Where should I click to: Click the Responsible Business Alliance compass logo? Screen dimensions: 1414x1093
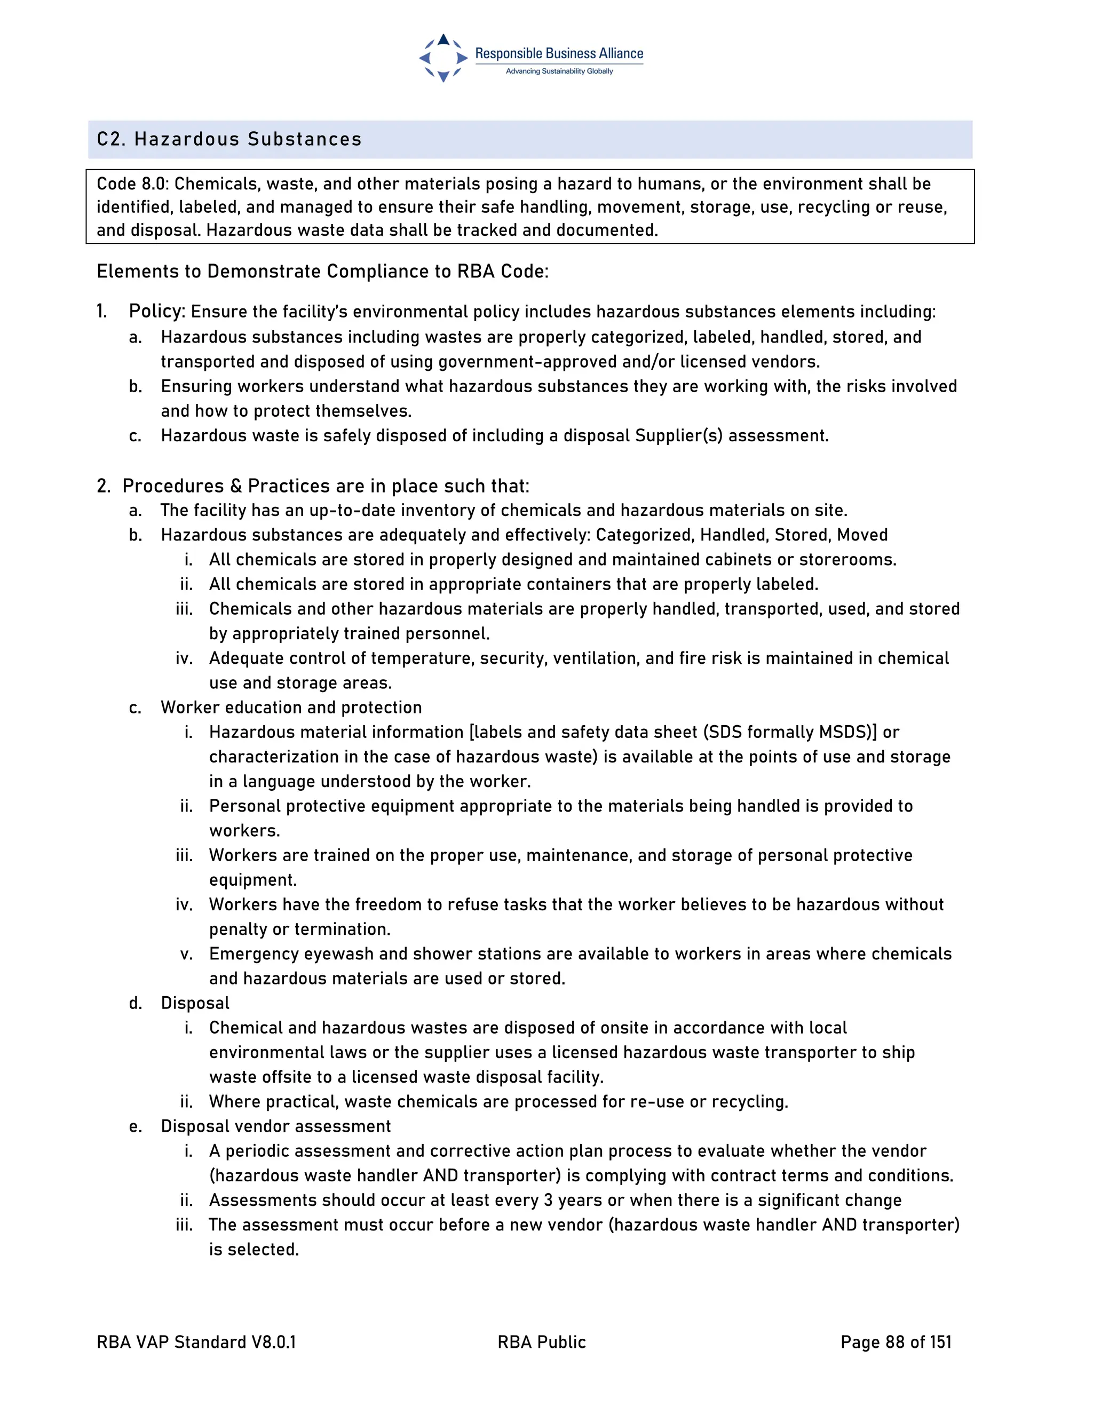click(x=443, y=58)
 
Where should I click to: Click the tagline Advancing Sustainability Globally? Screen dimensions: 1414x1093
click(x=559, y=71)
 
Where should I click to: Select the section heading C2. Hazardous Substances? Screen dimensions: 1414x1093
click(x=229, y=139)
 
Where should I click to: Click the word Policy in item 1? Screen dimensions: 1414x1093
click(x=155, y=312)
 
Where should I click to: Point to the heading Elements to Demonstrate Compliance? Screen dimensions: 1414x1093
click(x=322, y=271)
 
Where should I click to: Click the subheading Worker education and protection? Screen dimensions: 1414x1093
click(x=291, y=708)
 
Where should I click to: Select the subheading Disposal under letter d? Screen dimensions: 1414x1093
click(x=195, y=1004)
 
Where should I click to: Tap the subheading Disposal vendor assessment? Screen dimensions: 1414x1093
click(x=276, y=1126)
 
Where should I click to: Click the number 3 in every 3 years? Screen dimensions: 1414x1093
click(x=548, y=1201)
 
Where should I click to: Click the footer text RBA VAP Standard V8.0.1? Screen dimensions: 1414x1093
click(x=196, y=1342)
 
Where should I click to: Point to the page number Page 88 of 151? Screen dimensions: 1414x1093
click(x=896, y=1342)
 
